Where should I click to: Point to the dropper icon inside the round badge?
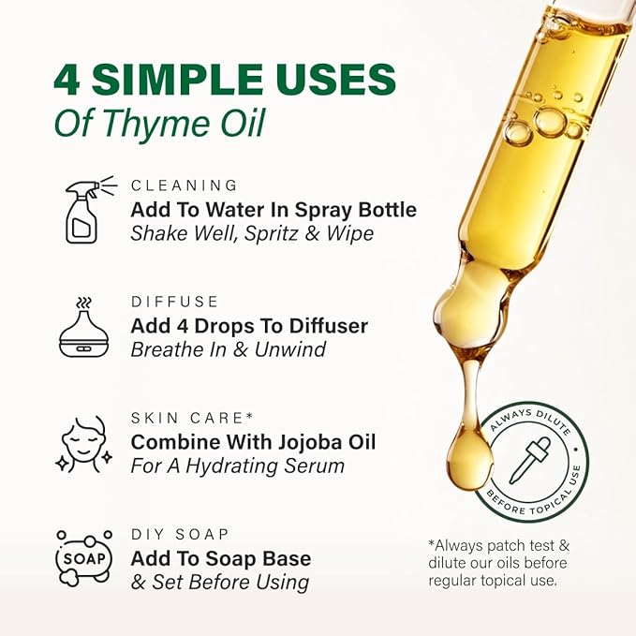tap(530, 462)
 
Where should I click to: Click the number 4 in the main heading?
tap(67, 81)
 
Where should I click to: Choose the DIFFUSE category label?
tap(175, 302)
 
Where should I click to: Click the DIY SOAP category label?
tap(180, 534)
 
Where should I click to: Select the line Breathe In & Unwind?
tap(227, 349)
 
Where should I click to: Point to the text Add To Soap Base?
tap(221, 558)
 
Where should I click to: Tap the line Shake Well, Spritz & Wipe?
tap(252, 232)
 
